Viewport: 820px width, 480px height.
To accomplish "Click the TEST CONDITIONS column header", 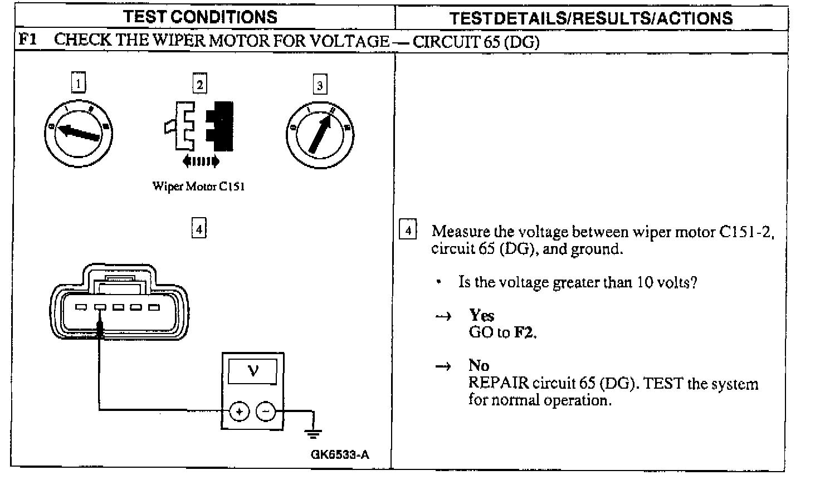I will pyautogui.click(x=201, y=17).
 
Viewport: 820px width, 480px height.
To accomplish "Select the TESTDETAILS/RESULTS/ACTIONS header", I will pyautogui.click(x=590, y=18).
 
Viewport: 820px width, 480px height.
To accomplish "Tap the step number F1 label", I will pyautogui.click(x=27, y=40).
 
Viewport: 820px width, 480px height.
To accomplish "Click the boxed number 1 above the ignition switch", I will pyautogui.click(x=79, y=84).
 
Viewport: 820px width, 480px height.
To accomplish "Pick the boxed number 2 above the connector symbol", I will pyautogui.click(x=199, y=84).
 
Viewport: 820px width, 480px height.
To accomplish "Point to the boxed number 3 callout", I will pyautogui.click(x=319, y=85).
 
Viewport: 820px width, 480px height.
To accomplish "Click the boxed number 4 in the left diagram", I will pyautogui.click(x=199, y=228).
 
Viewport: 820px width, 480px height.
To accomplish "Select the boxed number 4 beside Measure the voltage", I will pyautogui.click(x=408, y=230).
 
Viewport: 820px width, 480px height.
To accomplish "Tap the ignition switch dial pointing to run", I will pyautogui.click(x=320, y=134).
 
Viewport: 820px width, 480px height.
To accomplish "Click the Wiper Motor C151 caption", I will pyautogui.click(x=198, y=187).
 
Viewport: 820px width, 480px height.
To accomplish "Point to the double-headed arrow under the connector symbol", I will pyautogui.click(x=201, y=161).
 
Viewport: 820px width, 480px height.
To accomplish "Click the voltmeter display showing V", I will pyautogui.click(x=253, y=371).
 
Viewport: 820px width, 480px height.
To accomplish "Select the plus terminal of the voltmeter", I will pyautogui.click(x=240, y=412).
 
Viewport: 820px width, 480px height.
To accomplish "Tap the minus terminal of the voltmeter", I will pyautogui.click(x=266, y=412).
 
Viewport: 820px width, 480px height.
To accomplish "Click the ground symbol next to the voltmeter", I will pyautogui.click(x=313, y=431).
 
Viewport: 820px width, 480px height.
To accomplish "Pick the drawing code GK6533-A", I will pyautogui.click(x=340, y=454).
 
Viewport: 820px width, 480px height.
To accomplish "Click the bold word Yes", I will pyautogui.click(x=481, y=316).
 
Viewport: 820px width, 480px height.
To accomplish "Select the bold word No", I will pyautogui.click(x=479, y=366).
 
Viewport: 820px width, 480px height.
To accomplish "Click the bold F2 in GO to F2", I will pyautogui.click(x=524, y=333).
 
